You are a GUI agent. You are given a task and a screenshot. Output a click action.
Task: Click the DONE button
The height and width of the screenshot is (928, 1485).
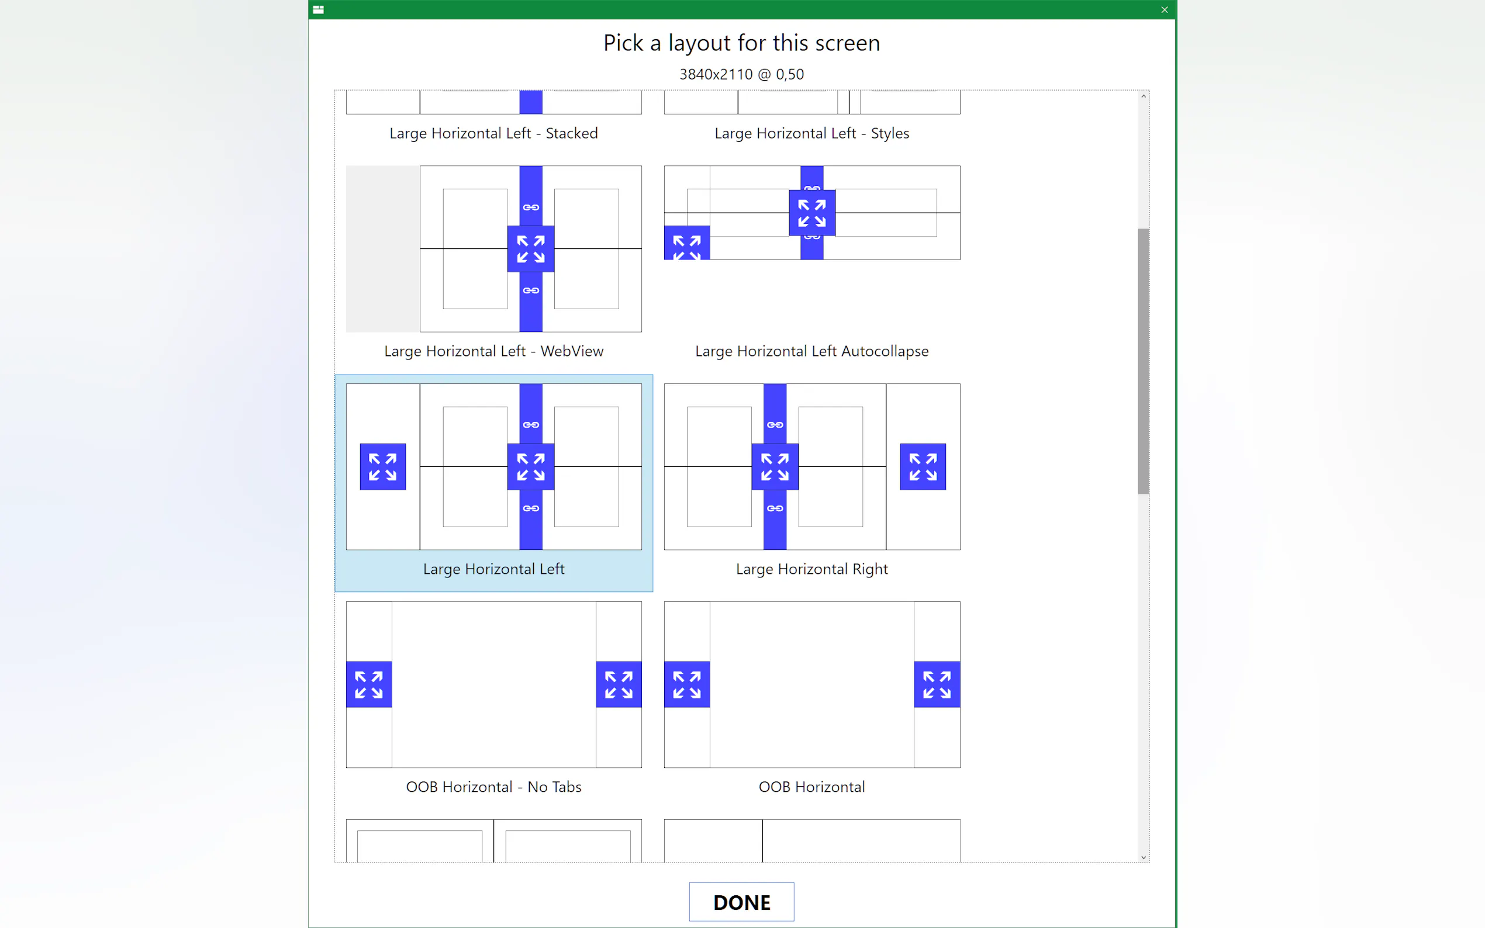[x=741, y=902]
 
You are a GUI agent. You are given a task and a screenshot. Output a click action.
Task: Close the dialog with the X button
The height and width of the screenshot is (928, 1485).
[x=1164, y=10]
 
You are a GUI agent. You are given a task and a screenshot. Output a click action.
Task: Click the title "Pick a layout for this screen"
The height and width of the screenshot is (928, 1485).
[x=741, y=43]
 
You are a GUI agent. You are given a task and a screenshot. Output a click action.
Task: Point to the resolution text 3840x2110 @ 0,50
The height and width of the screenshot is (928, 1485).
[x=741, y=74]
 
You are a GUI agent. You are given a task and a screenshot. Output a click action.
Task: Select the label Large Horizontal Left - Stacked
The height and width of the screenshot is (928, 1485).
[x=493, y=133]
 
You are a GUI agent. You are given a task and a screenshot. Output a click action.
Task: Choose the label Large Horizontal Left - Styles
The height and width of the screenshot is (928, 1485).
[x=811, y=133]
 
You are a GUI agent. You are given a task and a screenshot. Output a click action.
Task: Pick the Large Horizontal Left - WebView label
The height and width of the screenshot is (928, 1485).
[x=493, y=351]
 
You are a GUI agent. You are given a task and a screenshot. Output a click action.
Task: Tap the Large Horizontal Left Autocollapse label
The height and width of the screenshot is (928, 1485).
[x=811, y=351]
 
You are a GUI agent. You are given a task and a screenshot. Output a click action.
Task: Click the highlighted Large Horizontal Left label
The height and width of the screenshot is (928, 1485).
[x=493, y=569]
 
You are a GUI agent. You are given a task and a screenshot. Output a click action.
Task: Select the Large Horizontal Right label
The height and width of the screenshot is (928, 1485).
[x=811, y=569]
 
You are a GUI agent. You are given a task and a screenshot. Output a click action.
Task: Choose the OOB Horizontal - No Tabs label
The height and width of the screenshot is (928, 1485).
[x=493, y=787]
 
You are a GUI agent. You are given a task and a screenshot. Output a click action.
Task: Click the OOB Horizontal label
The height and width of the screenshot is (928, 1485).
[x=811, y=787]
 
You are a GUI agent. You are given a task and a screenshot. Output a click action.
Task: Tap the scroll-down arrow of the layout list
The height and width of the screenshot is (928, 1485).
[x=1143, y=857]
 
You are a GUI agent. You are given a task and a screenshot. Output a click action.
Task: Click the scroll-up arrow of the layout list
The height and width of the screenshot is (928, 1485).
[x=1143, y=96]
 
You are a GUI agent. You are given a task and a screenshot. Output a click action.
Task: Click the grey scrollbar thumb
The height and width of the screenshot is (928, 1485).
[x=1143, y=361]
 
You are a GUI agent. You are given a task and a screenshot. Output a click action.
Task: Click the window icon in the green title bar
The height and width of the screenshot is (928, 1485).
[x=318, y=10]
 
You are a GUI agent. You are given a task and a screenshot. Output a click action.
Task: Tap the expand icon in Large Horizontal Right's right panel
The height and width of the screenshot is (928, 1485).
[x=923, y=466]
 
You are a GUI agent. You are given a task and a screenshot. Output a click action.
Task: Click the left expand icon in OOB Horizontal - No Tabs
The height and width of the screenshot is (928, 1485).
[x=369, y=684]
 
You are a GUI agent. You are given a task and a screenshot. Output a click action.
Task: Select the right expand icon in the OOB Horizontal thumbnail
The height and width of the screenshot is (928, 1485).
[x=937, y=684]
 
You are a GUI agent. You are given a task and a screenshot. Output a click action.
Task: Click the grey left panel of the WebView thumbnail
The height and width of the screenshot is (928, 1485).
[x=383, y=248]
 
